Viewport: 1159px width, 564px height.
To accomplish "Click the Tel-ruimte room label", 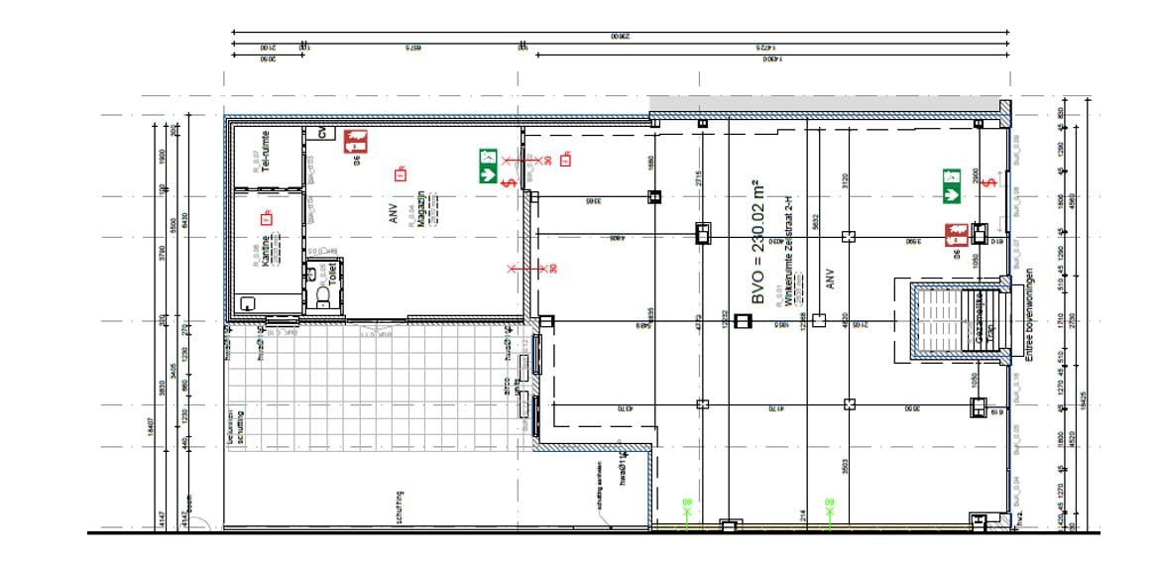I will click(x=265, y=150).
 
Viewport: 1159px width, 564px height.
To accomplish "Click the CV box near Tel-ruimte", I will click(x=322, y=133).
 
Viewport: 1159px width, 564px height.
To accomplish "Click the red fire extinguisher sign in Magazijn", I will click(x=355, y=141).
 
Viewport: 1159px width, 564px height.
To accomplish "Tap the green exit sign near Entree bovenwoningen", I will click(x=953, y=185).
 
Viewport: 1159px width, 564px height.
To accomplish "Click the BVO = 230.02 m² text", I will click(x=758, y=243).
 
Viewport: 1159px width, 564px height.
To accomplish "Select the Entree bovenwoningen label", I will click(x=1031, y=315).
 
